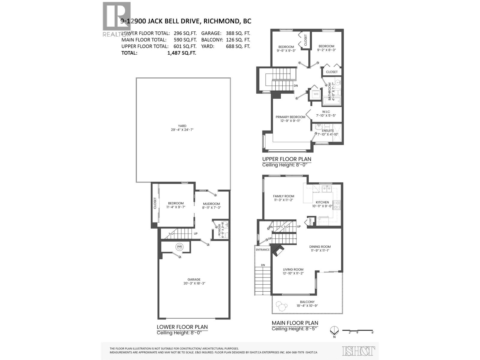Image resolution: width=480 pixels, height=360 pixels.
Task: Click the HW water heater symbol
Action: click(179, 247)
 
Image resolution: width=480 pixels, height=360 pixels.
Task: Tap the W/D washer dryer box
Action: click(316, 94)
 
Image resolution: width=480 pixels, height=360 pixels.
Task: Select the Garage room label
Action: click(194, 279)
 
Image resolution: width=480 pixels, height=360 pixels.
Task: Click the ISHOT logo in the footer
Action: click(358, 351)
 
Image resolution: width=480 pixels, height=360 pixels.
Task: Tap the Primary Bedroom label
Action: click(290, 117)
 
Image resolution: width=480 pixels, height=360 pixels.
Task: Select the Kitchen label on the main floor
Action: click(322, 202)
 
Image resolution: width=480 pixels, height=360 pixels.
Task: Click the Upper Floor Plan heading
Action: click(286, 159)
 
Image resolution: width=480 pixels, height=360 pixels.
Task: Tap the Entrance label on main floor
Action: click(262, 250)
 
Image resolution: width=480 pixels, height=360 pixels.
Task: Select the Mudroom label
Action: click(211, 204)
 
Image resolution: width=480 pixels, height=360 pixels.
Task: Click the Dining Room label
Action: click(320, 247)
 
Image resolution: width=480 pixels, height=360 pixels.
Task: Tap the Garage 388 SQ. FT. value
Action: click(238, 33)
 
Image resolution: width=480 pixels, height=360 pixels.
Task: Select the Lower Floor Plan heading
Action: click(182, 327)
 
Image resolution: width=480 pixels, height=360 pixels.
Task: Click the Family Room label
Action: click(283, 196)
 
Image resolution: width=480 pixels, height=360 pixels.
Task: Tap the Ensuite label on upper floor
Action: click(328, 130)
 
